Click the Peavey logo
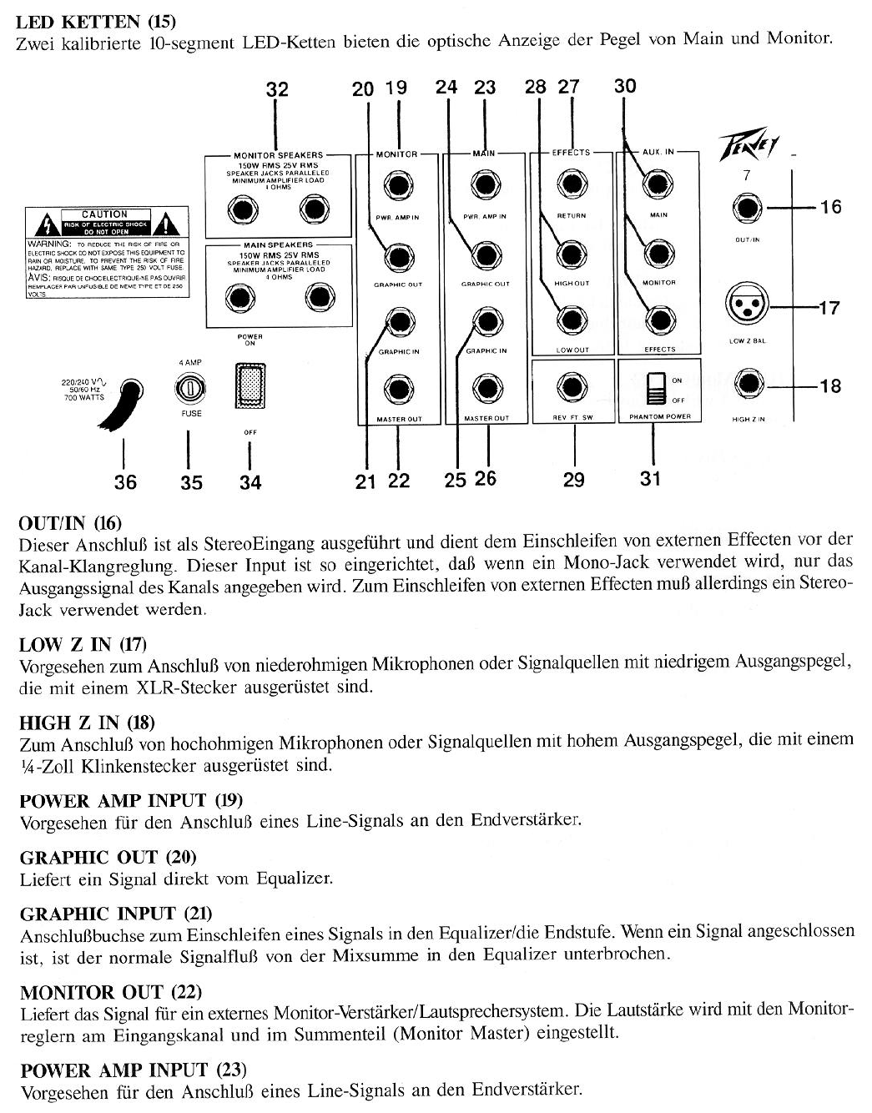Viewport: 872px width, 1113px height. click(x=749, y=153)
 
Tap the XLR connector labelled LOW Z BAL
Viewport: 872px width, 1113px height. click(x=746, y=308)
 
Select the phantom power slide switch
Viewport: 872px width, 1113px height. click(x=655, y=389)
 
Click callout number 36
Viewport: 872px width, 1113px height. click(x=125, y=481)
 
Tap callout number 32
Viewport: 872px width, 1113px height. click(x=276, y=89)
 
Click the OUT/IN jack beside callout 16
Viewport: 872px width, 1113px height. click(x=746, y=209)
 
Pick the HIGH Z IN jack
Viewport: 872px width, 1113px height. click(x=746, y=385)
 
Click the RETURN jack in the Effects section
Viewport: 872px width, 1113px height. click(x=572, y=184)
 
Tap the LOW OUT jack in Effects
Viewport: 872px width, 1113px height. click(x=572, y=320)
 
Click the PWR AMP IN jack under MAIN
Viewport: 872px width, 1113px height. click(x=485, y=184)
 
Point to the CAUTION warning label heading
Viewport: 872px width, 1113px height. click(x=104, y=214)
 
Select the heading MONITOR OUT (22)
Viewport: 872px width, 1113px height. click(x=110, y=992)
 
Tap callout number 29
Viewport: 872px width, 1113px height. click(x=573, y=480)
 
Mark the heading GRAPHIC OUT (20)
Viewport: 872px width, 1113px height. click(x=108, y=857)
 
